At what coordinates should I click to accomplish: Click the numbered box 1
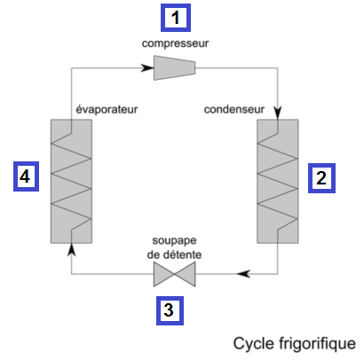176,18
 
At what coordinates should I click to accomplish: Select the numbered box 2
321,178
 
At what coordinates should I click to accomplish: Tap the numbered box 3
170,310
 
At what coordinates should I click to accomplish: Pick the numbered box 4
26,176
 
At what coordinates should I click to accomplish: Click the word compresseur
175,43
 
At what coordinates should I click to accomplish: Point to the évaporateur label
107,109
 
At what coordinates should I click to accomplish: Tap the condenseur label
234,110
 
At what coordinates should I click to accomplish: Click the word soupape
174,241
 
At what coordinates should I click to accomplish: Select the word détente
183,254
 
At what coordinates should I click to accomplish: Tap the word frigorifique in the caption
314,344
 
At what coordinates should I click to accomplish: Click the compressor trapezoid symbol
174,67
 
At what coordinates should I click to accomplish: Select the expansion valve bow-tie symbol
175,274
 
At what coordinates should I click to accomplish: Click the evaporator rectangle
71,181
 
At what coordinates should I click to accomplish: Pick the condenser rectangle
278,181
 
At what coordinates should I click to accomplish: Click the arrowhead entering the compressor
147,67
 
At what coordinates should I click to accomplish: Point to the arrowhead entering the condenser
278,113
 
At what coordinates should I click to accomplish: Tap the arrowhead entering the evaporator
71,250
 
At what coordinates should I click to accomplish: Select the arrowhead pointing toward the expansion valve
244,274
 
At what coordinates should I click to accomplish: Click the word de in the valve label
154,254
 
